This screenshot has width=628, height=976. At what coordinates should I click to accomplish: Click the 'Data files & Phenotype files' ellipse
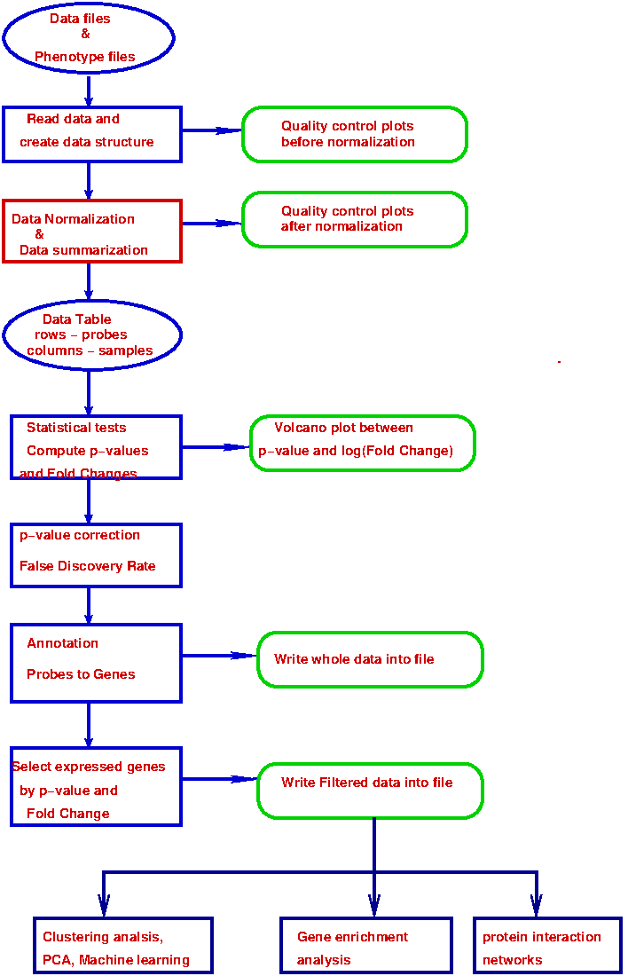pyautogui.click(x=89, y=37)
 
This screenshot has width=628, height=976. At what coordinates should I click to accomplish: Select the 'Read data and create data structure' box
pyautogui.click(x=92, y=134)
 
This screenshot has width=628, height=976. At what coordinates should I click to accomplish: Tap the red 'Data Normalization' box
pyautogui.click(x=92, y=231)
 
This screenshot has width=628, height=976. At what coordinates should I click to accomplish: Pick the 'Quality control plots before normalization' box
pyautogui.click(x=355, y=134)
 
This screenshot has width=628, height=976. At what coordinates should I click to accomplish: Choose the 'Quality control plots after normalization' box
pyautogui.click(x=355, y=219)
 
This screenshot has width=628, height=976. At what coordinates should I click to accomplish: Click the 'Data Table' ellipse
pyautogui.click(x=92, y=335)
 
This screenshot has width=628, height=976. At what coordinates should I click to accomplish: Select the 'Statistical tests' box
pyautogui.click(x=96, y=447)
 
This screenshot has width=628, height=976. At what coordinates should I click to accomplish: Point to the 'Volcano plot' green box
pyautogui.click(x=363, y=443)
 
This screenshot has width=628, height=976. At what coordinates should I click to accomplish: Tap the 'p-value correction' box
pyautogui.click(x=96, y=555)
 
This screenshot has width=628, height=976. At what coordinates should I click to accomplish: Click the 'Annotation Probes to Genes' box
pyautogui.click(x=96, y=663)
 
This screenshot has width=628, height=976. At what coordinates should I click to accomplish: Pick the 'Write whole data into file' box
pyautogui.click(x=370, y=659)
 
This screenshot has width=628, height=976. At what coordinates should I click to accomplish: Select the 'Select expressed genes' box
pyautogui.click(x=96, y=786)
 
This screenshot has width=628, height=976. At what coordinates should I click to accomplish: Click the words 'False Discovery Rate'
pyautogui.click(x=87, y=566)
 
